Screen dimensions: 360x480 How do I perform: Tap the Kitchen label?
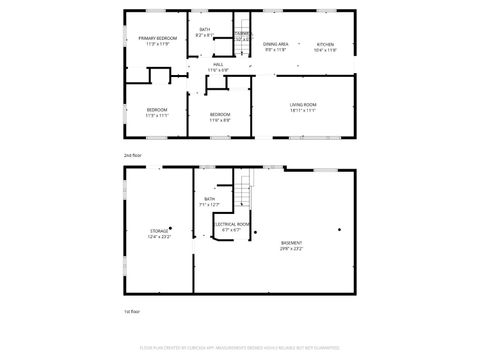[325, 44]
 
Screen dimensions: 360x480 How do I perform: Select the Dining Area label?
[276, 44]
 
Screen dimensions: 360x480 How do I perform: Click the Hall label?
[218, 64]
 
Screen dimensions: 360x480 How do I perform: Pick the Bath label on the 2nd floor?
[205, 30]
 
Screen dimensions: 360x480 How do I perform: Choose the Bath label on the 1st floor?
[210, 199]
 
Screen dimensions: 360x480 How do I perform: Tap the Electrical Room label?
[233, 224]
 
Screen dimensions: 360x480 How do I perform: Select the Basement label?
[291, 243]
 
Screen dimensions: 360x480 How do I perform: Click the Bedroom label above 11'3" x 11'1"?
[157, 109]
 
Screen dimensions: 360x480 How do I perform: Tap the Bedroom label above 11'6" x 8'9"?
[220, 114]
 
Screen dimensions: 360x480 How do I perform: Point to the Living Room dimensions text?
[303, 110]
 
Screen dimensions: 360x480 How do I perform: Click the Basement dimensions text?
[291, 249]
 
